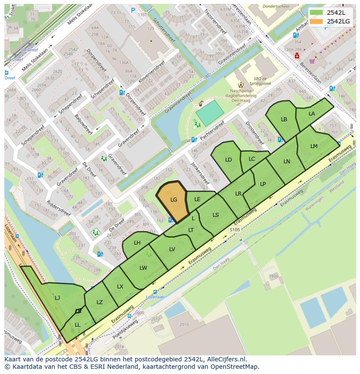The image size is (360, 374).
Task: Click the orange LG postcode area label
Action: click(x=173, y=200)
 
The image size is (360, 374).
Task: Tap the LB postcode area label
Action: click(x=284, y=119)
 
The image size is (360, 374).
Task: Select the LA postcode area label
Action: click(x=312, y=114)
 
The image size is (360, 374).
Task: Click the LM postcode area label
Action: click(x=314, y=146)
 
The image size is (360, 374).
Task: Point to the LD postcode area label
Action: click(x=229, y=160)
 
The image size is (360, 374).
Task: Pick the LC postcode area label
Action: click(x=252, y=159)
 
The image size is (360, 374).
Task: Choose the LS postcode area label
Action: click(x=216, y=215)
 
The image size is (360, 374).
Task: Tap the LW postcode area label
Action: click(x=143, y=268)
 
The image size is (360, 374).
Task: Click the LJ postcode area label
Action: click(x=57, y=298)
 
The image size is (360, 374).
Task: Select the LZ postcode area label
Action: click(x=100, y=302)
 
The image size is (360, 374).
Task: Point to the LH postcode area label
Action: click(x=137, y=243)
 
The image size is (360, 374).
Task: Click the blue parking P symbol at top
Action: click(x=133, y=10)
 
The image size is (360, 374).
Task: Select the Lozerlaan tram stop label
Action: click(x=155, y=297)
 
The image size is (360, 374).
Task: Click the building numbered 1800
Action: click(x=273, y=276)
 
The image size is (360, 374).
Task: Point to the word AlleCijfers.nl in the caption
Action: click(x=226, y=359)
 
